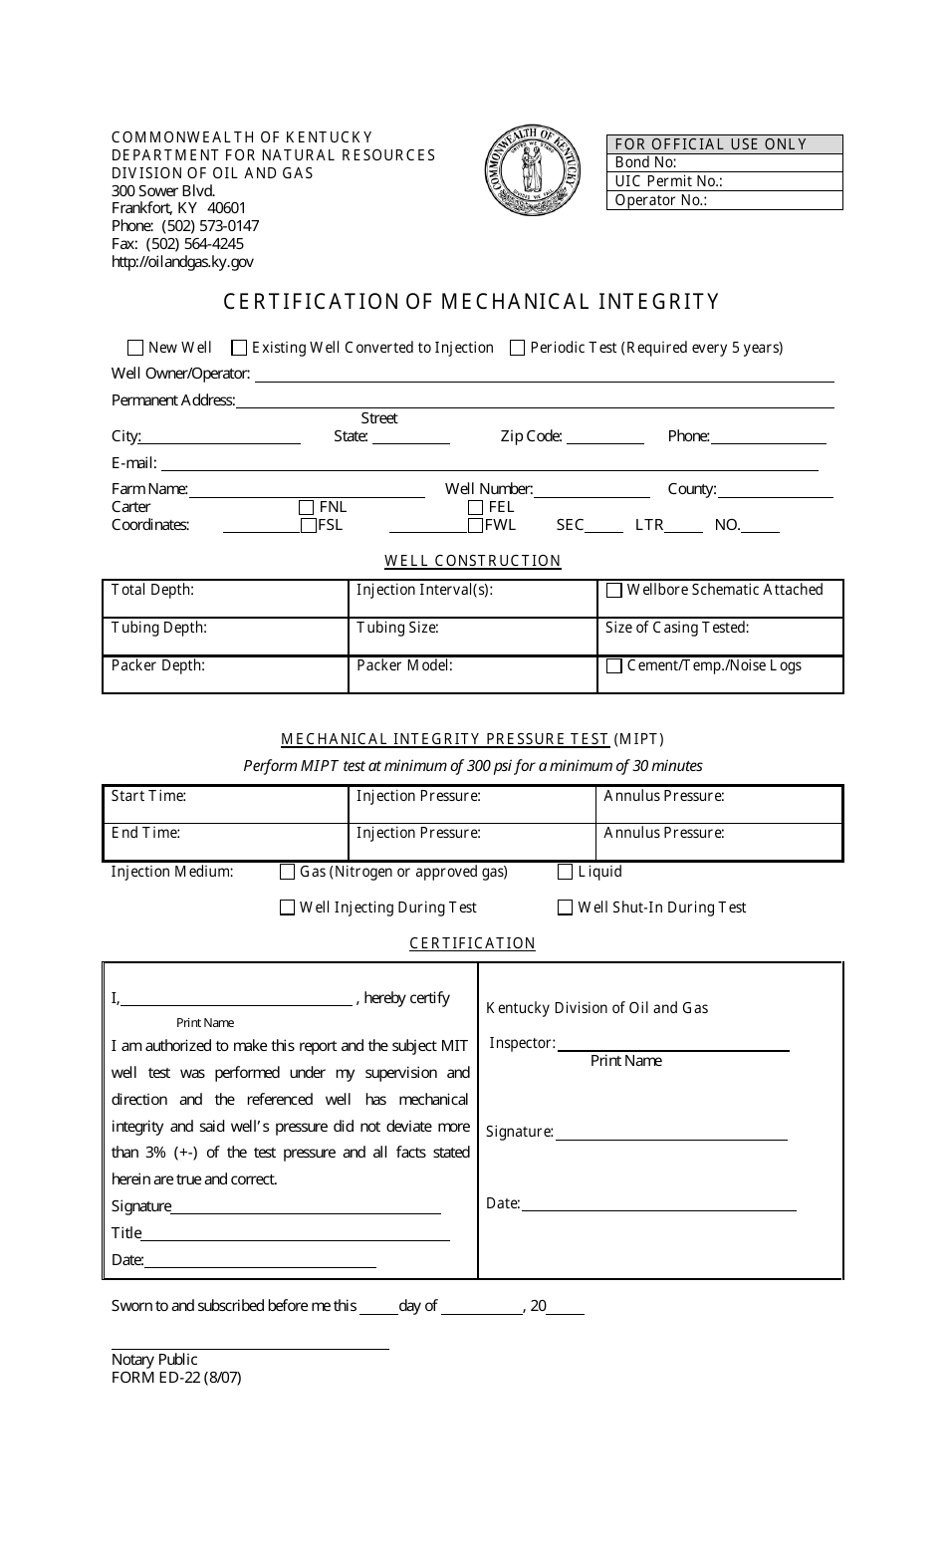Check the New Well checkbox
[135, 348]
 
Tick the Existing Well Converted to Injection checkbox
[239, 348]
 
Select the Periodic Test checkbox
[518, 348]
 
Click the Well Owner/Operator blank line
[544, 375]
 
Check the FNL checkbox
[307, 507]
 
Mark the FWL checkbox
[475, 525]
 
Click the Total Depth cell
[225, 599]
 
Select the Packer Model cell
[472, 674]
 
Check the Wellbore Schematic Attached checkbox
[614, 590]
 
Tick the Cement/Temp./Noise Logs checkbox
[614, 665]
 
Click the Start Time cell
[225, 805]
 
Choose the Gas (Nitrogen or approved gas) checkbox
[288, 872]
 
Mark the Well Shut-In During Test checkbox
[566, 908]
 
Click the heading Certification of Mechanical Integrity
[471, 301]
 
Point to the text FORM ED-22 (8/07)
[176, 1378]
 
